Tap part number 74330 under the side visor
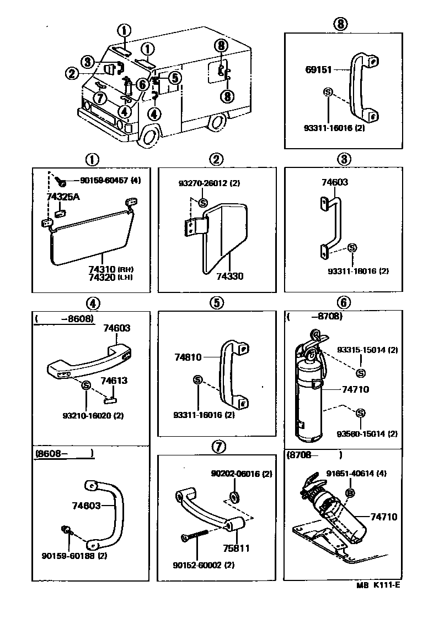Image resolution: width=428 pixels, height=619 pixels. (229, 276)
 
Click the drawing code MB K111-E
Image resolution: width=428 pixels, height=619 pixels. (377, 601)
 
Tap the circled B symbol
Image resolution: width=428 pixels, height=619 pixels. (349, 493)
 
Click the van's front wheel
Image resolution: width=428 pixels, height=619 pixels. (149, 136)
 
